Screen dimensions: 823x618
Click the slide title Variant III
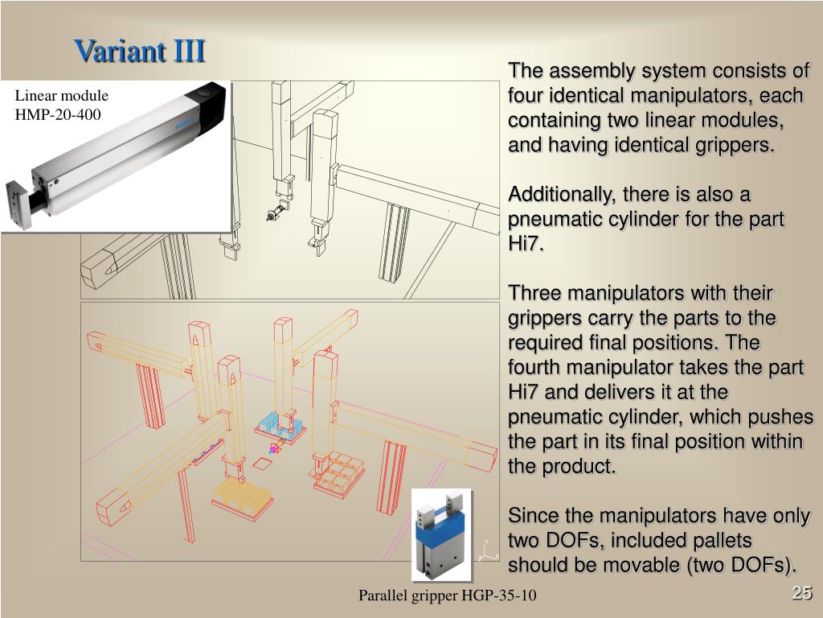[x=139, y=51]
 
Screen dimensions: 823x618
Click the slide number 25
[x=801, y=592]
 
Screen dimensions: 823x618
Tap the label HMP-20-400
[x=58, y=114]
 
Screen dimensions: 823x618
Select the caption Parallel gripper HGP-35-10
[x=447, y=595]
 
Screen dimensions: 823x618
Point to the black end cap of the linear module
[x=207, y=105]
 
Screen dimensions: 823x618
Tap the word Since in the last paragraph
[x=534, y=516]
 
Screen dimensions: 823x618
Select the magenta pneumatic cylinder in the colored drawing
[x=273, y=449]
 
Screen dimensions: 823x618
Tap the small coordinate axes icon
[x=488, y=551]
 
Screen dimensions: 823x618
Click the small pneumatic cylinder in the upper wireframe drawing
[x=275, y=213]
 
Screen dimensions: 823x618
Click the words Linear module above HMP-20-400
[x=61, y=96]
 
